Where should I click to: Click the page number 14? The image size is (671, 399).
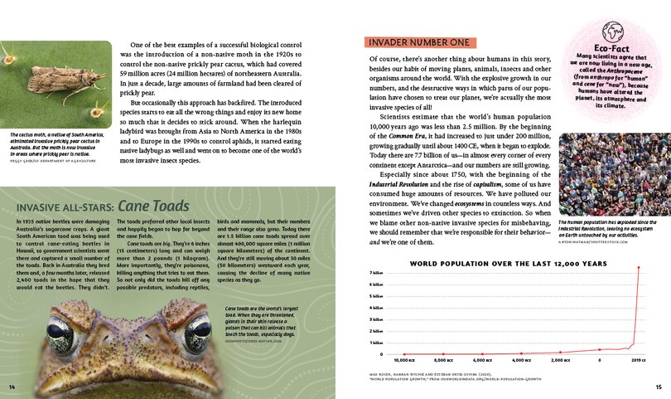12,387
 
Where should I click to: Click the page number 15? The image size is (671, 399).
658,387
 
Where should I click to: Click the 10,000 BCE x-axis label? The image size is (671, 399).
405,362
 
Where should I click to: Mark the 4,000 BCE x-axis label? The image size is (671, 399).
521,362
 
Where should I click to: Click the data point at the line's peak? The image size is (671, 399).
639,267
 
